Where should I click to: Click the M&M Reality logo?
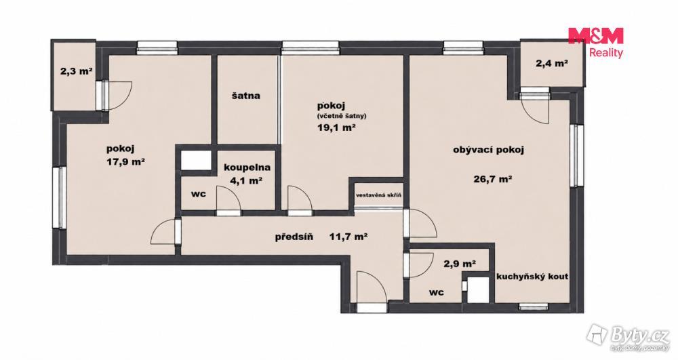(596, 42)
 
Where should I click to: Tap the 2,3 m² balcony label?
(77, 71)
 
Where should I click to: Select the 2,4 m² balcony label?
(552, 63)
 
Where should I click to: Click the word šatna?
(245, 96)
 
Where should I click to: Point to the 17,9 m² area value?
(125, 162)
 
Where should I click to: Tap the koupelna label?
(247, 167)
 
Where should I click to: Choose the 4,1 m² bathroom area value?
(247, 180)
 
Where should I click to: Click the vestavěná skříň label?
(379, 195)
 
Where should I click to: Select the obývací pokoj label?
(489, 150)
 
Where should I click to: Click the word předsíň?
(294, 237)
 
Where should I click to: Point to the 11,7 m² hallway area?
(348, 237)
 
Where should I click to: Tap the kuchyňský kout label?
(532, 277)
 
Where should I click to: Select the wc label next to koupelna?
(199, 194)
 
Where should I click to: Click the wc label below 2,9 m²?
(437, 293)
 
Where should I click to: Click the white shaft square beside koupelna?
(196, 160)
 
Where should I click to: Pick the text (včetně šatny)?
(342, 116)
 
